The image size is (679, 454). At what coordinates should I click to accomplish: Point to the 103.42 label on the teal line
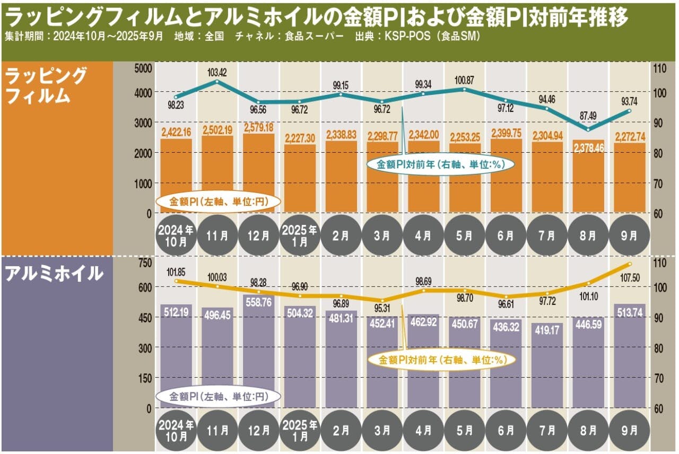click(217, 71)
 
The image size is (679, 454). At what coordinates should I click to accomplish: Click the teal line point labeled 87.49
click(588, 129)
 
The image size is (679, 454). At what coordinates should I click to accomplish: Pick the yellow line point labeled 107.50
click(629, 264)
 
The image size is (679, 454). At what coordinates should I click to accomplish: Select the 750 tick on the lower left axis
click(144, 263)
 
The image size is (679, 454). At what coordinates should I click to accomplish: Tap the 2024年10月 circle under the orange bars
click(176, 235)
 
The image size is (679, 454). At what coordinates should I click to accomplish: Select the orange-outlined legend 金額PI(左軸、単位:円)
click(219, 202)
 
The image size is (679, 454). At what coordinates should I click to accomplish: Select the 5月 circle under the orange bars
click(465, 235)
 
